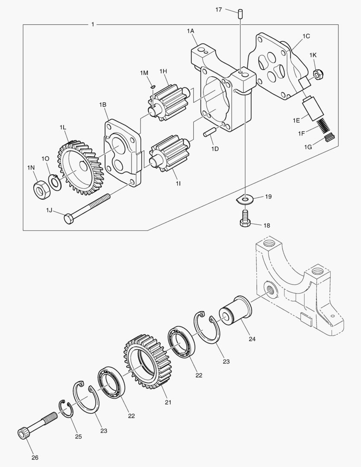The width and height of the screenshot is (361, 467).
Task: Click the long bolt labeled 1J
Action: point(86,208)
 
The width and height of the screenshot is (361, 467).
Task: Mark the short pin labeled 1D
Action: point(211,133)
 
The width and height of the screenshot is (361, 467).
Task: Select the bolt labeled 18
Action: point(245,218)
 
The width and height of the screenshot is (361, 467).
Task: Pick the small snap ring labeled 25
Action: point(66,409)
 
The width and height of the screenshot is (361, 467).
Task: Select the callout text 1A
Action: point(191,31)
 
